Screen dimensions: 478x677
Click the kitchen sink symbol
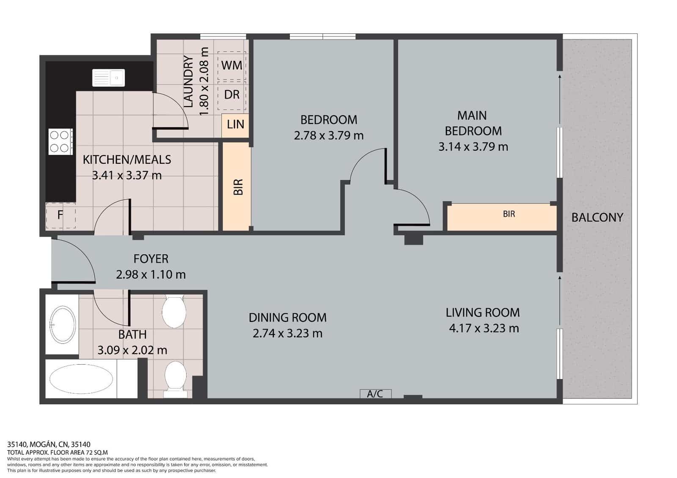pyautogui.click(x=108, y=78)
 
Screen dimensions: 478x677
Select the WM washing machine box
pyautogui.click(x=231, y=66)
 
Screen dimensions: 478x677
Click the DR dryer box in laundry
pyautogui.click(x=231, y=94)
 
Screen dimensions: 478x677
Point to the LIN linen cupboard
pyautogui.click(x=235, y=124)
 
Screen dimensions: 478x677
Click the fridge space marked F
pyautogui.click(x=60, y=215)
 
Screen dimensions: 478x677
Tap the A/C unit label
pyautogui.click(x=375, y=394)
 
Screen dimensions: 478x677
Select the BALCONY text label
pyautogui.click(x=597, y=217)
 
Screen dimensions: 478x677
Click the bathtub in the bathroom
pyautogui.click(x=81, y=379)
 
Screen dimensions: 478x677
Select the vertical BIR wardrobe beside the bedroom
pyautogui.click(x=237, y=187)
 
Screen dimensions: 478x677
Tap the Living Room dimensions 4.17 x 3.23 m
pyautogui.click(x=484, y=328)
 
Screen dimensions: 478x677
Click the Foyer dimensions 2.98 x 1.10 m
pyautogui.click(x=151, y=275)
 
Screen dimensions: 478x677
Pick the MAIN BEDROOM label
pyautogui.click(x=473, y=123)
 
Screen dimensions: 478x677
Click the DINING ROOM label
pyautogui.click(x=287, y=317)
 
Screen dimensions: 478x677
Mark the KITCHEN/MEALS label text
pyautogui.click(x=127, y=159)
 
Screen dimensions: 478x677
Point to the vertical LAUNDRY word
pyautogui.click(x=188, y=82)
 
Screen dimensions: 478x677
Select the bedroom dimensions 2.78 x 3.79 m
pyautogui.click(x=328, y=135)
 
